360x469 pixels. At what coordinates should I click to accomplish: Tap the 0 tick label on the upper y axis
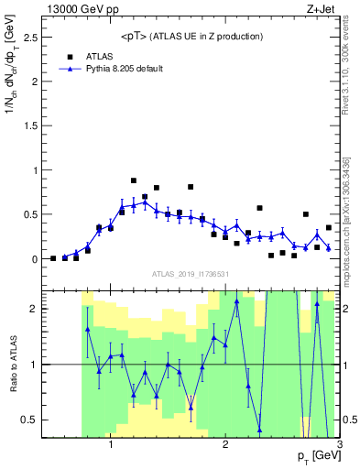pos(33,259)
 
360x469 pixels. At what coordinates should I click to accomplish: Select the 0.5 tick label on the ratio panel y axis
pos(27,420)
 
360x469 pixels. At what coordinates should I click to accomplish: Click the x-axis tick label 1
pos(111,444)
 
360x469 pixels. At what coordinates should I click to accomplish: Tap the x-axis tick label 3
pos(339,444)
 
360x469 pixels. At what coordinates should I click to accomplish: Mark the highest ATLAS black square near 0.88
pos(134,180)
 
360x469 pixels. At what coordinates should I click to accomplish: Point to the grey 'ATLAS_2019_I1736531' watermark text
pos(191,273)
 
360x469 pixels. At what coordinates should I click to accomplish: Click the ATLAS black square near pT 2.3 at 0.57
pos(259,208)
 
